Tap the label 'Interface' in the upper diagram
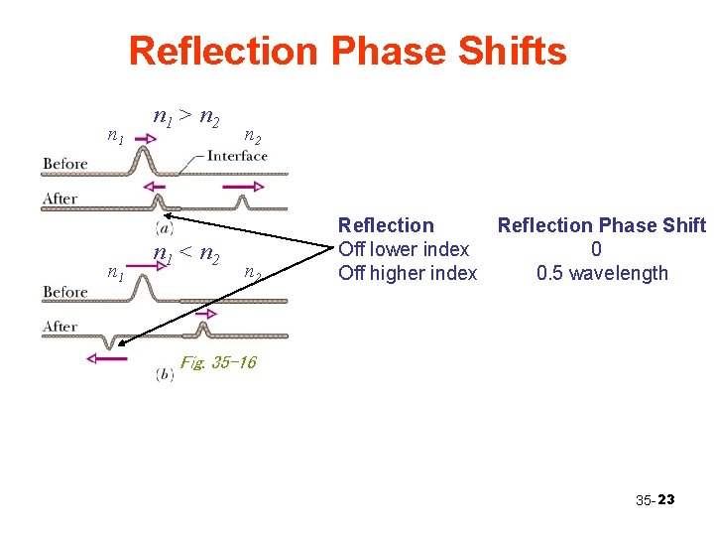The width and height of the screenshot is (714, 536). tap(237, 155)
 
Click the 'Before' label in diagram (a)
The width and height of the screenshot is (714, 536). tap(65, 163)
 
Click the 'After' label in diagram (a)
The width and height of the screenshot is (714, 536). tap(59, 199)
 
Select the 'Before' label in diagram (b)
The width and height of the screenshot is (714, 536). tap(65, 292)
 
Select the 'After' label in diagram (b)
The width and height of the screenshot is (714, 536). tap(59, 326)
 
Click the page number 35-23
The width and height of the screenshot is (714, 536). tap(654, 499)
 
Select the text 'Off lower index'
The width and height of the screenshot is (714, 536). tap(404, 249)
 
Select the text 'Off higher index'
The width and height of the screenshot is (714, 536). tap(408, 273)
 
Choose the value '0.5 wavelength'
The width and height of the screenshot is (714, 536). tap(602, 273)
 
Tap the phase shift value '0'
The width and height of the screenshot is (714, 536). tap(596, 249)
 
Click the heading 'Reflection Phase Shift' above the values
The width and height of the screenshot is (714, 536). tap(601, 225)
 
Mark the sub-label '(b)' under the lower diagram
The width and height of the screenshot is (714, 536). tap(166, 374)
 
